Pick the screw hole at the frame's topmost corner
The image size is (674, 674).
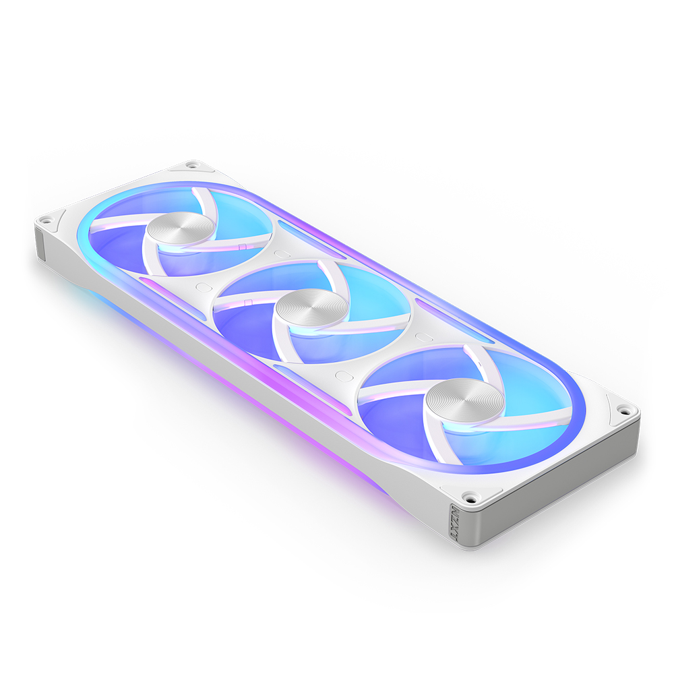192,164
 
